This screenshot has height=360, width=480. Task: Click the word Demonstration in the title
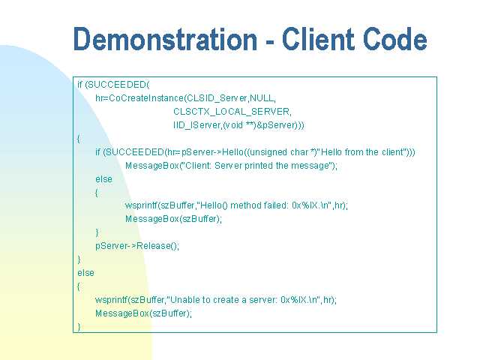pos(165,39)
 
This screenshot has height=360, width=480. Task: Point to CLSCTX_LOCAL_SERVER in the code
pos(232,112)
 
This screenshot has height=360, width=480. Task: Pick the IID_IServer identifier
pos(197,125)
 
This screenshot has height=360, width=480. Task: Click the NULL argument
pos(262,98)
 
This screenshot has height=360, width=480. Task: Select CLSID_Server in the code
pos(217,98)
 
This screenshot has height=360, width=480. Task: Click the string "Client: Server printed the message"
pos(258,166)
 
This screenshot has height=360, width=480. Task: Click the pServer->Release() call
pos(136,246)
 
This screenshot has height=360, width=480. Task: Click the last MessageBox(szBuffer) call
pos(143,313)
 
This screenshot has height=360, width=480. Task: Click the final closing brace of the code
pos(79,327)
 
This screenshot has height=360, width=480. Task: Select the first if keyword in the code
pos(80,85)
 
